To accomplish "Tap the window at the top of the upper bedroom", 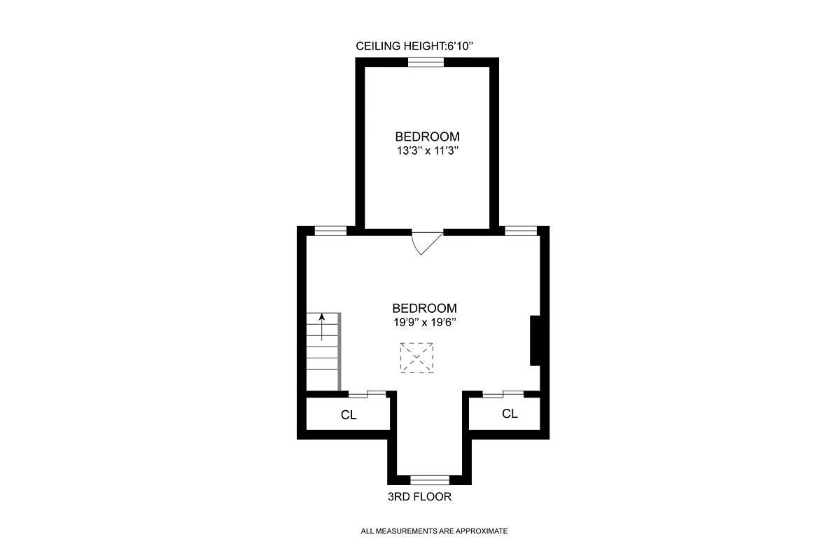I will pyautogui.click(x=426, y=62).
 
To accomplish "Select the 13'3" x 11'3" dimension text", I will pyautogui.click(x=427, y=150).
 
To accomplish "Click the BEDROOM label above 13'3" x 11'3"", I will pyautogui.click(x=427, y=136).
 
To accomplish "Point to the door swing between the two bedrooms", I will pyautogui.click(x=425, y=241).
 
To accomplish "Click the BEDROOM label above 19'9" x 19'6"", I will pyautogui.click(x=424, y=308).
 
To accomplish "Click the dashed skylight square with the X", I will pyautogui.click(x=417, y=357).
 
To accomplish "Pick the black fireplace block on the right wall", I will pyautogui.click(x=535, y=340).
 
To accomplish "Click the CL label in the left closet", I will pyautogui.click(x=349, y=415).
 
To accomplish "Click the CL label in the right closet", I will pyautogui.click(x=510, y=414).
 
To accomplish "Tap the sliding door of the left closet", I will pyautogui.click(x=367, y=394).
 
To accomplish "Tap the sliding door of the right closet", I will pyautogui.click(x=503, y=394).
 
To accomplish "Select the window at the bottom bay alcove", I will pyautogui.click(x=429, y=479).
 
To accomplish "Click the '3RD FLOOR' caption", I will pyautogui.click(x=419, y=498).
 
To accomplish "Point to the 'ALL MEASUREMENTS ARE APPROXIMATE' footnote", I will pyautogui.click(x=434, y=531).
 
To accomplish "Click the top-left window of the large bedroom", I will pyautogui.click(x=330, y=230).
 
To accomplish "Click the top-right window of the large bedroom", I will pyautogui.click(x=521, y=230).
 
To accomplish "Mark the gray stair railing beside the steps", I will pyautogui.click(x=339, y=351).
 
